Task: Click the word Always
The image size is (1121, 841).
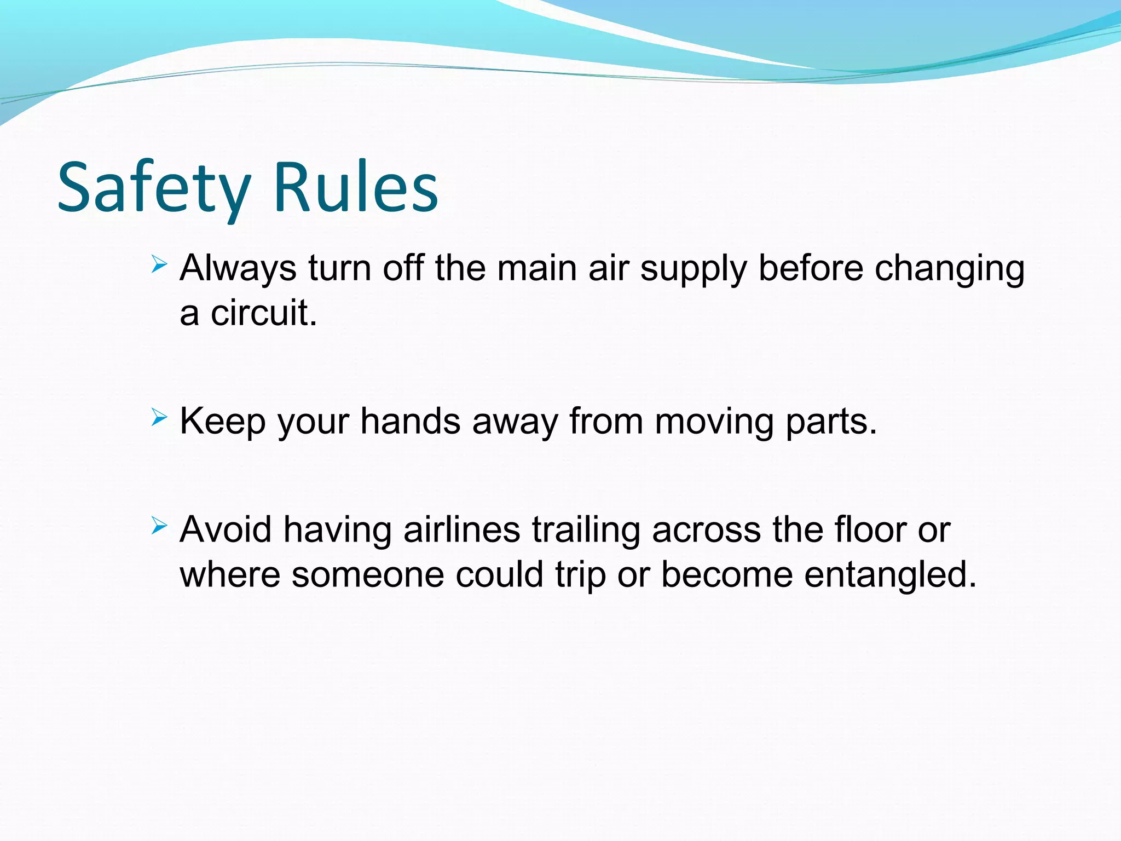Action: (238, 269)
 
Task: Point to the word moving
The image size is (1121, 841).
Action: (714, 423)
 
